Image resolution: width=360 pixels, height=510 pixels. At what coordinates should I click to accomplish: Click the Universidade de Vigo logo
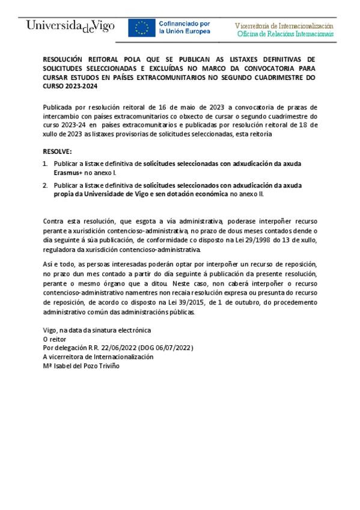(x=70, y=27)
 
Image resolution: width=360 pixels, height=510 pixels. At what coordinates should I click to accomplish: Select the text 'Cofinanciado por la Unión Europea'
(x=184, y=28)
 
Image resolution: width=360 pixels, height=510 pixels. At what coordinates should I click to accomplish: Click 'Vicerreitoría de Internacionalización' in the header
(x=284, y=26)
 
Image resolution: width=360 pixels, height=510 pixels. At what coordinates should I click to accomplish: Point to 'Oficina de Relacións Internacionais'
(x=285, y=34)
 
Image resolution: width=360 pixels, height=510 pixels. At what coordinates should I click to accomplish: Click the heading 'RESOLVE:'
(x=58, y=152)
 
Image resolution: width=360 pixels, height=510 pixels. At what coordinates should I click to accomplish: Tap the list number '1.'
(x=46, y=164)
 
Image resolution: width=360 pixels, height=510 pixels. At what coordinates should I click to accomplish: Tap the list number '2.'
(x=46, y=185)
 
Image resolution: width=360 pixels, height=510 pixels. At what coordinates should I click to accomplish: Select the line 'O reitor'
(x=55, y=339)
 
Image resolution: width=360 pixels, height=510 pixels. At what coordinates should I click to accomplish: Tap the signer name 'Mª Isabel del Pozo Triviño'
(x=82, y=365)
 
